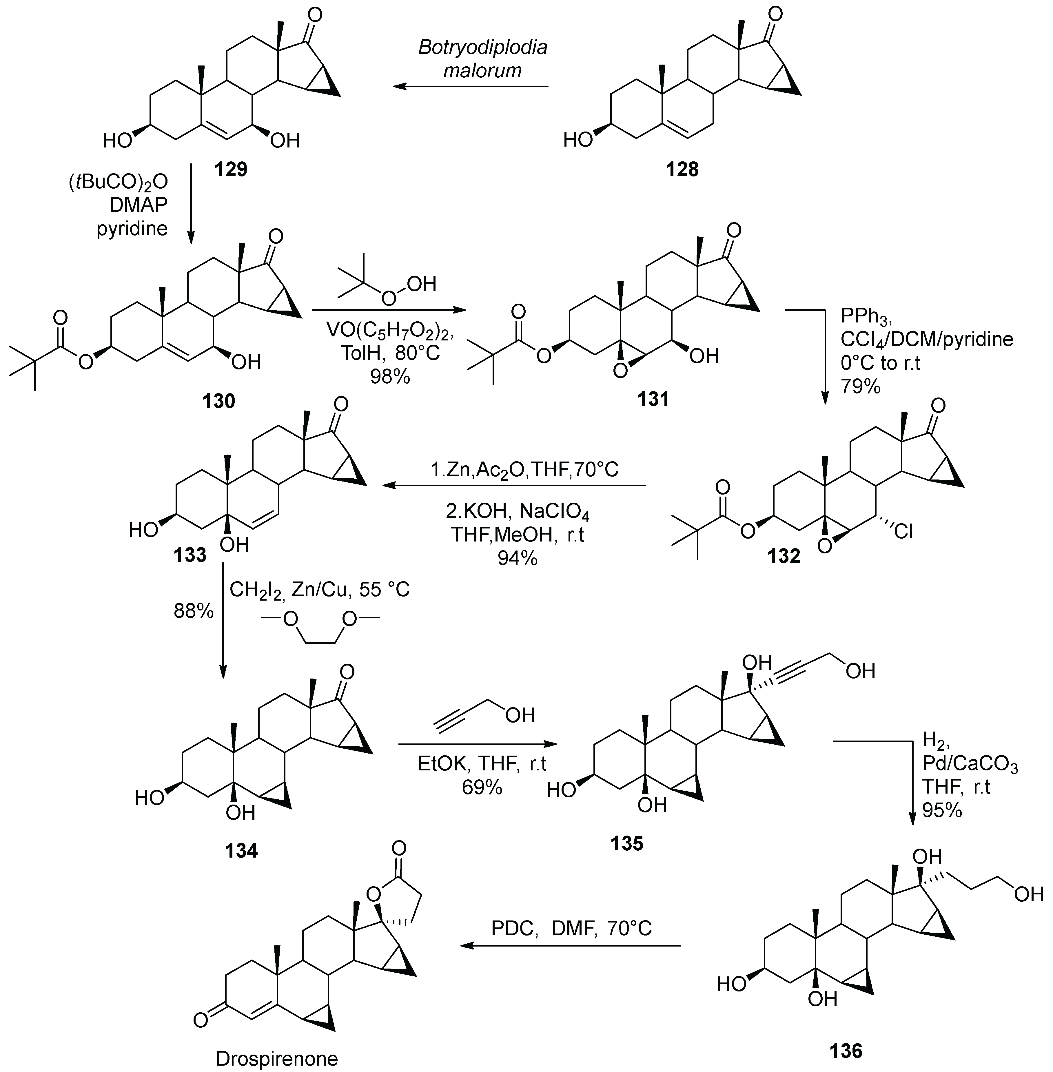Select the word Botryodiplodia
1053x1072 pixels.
click(482, 48)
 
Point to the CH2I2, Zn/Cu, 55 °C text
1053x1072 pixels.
click(320, 590)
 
